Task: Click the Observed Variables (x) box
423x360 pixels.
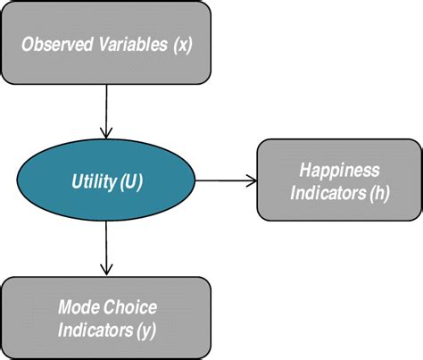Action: pyautogui.click(x=106, y=42)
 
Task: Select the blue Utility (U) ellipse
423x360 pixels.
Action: pyautogui.click(x=106, y=181)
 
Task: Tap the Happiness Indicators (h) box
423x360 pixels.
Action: pyautogui.click(x=338, y=179)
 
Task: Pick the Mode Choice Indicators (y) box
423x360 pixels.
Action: pyautogui.click(x=106, y=317)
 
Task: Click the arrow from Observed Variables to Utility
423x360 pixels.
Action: pyautogui.click(x=107, y=112)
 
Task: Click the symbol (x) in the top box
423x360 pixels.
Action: pyautogui.click(x=181, y=43)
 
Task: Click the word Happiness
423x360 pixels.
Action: pyautogui.click(x=339, y=169)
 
